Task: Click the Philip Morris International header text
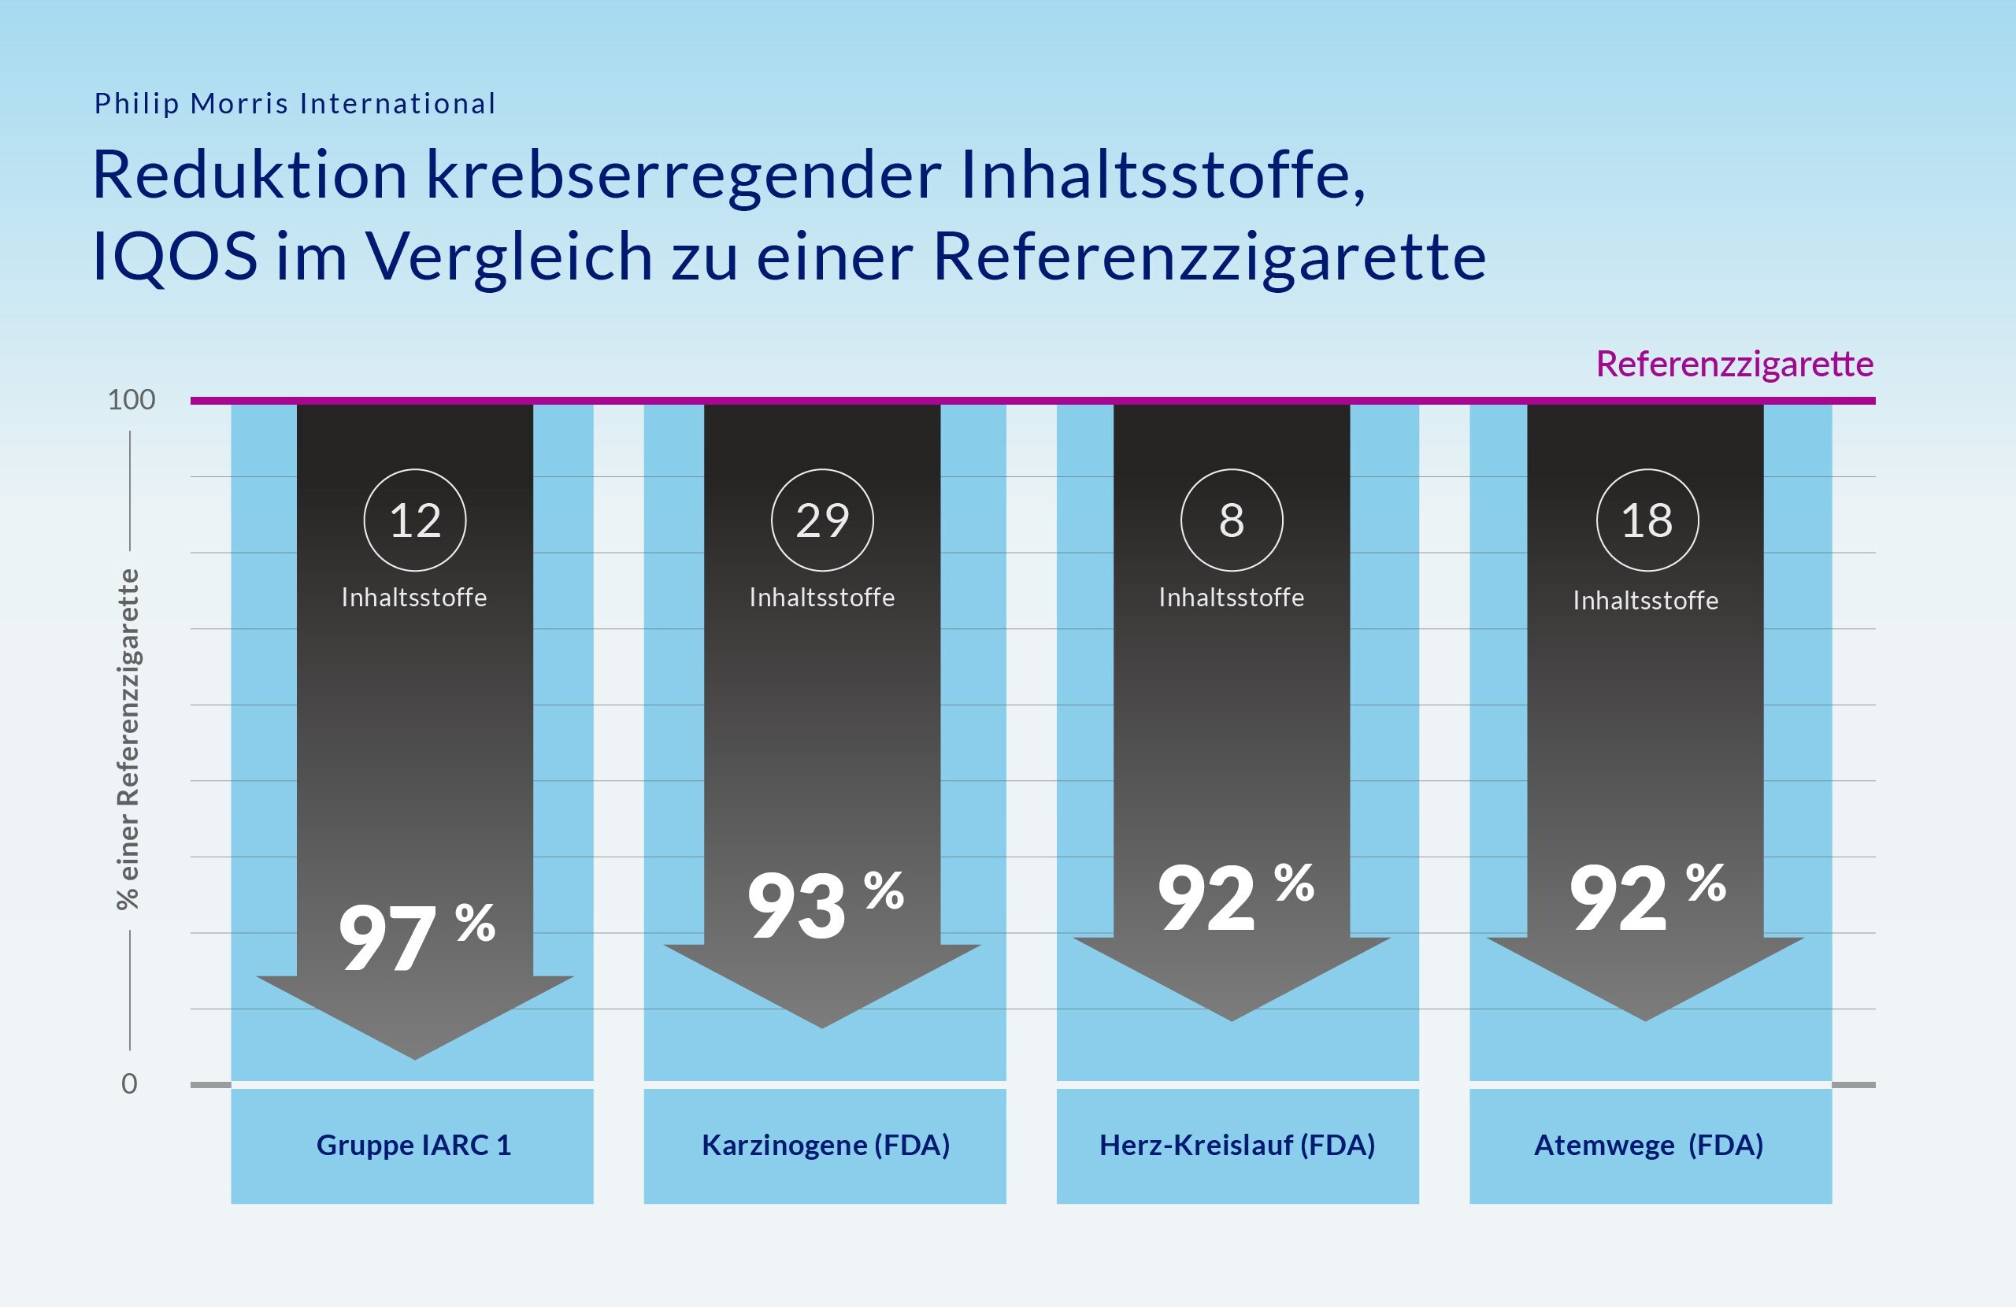[x=294, y=103]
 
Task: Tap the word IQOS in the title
[x=175, y=256]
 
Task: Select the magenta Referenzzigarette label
[x=1734, y=365]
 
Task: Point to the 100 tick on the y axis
[x=132, y=400]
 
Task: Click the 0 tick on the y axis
[x=128, y=1083]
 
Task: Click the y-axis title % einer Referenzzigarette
[x=127, y=739]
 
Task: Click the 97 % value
[x=415, y=935]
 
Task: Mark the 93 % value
[x=825, y=905]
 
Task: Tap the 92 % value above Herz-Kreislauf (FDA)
[x=1234, y=897]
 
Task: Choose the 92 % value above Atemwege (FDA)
[x=1646, y=897]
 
